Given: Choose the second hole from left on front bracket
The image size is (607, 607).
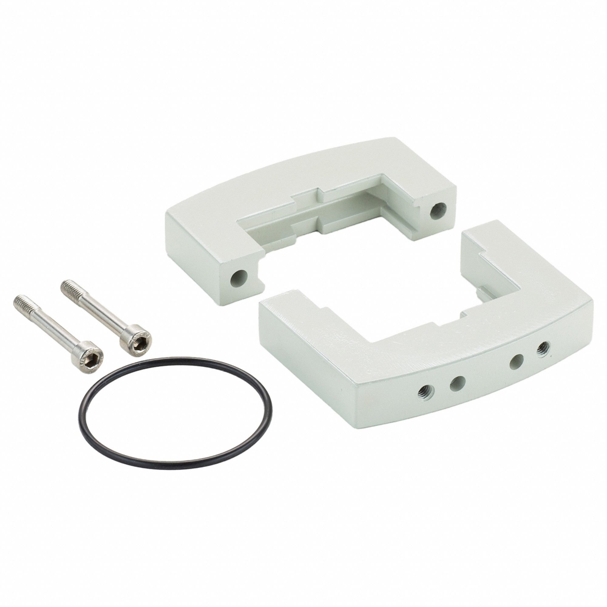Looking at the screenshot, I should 457,383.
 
